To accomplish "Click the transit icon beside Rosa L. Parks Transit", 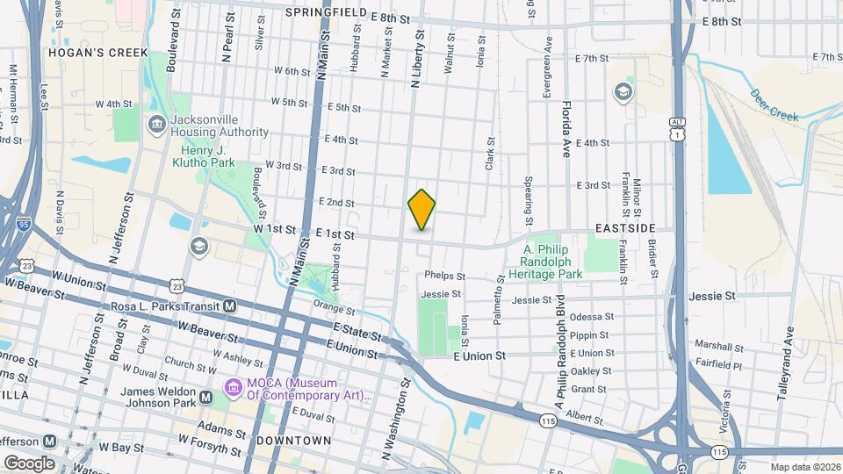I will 230,306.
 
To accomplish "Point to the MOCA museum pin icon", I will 234,387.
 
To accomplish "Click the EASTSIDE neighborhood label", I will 624,228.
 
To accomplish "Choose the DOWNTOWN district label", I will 294,440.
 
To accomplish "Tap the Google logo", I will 28,463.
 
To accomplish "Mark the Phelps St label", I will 444,276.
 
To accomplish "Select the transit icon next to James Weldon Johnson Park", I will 205,398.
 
